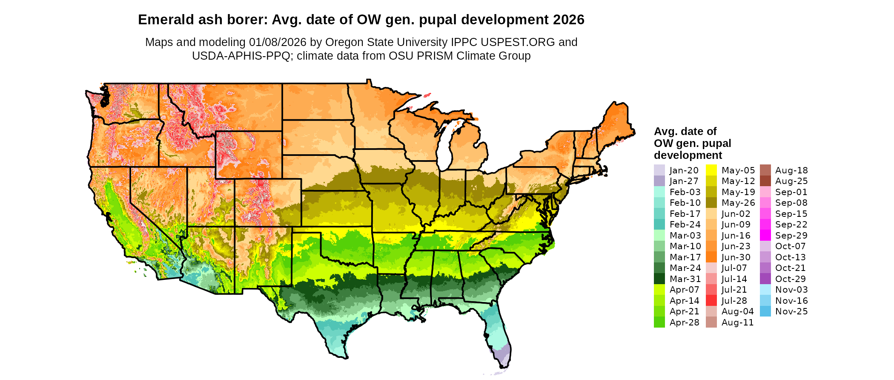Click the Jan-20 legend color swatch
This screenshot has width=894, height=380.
(x=659, y=170)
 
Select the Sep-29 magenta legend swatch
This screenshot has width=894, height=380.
(x=765, y=235)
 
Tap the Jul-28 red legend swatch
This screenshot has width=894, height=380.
(x=711, y=300)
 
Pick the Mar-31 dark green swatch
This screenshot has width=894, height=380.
(x=659, y=279)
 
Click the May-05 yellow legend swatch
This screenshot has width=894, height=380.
(x=711, y=170)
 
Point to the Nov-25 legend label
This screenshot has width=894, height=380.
(x=791, y=311)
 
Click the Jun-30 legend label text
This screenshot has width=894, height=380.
(x=736, y=257)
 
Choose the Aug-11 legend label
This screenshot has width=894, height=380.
(x=738, y=322)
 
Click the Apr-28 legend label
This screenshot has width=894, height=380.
(x=685, y=322)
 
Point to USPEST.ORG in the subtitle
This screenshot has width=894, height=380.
(x=518, y=42)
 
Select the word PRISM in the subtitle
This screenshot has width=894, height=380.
(x=437, y=56)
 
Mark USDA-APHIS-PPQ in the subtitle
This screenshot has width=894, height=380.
(x=241, y=56)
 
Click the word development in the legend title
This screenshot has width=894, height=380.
(x=688, y=155)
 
